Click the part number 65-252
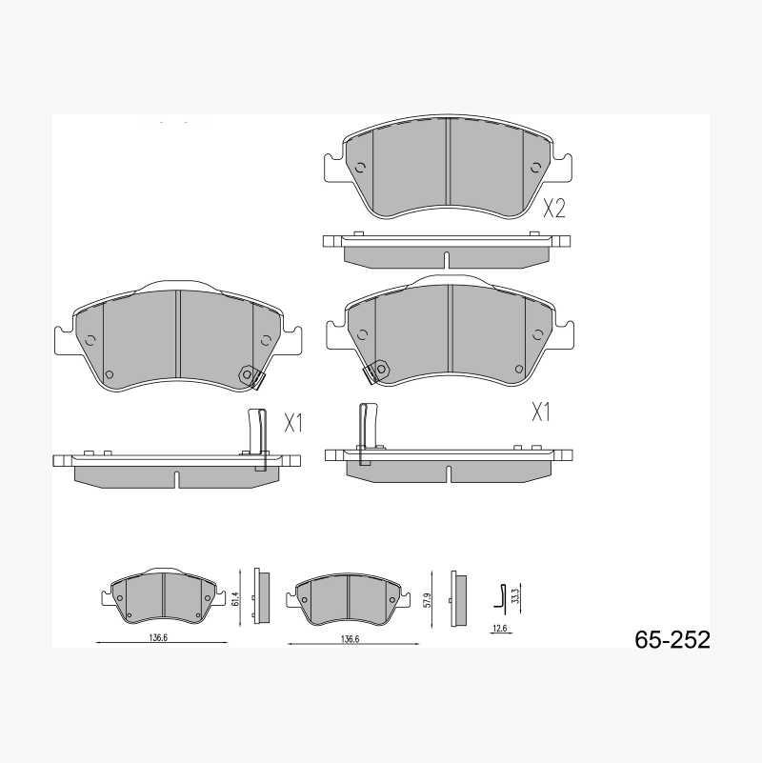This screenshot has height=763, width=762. coord(672,639)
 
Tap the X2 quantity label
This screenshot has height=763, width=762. coord(553,209)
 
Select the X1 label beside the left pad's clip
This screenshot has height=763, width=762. coord(293,423)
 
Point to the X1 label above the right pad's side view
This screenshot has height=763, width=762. coord(541,412)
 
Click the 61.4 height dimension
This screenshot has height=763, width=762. coord(236,598)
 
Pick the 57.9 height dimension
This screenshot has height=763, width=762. coord(428,599)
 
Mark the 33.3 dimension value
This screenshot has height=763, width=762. coord(516,596)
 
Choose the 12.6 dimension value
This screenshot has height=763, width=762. coord(500,628)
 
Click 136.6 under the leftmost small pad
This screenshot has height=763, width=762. coord(159,637)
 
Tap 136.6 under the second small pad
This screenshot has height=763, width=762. coord(350,639)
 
